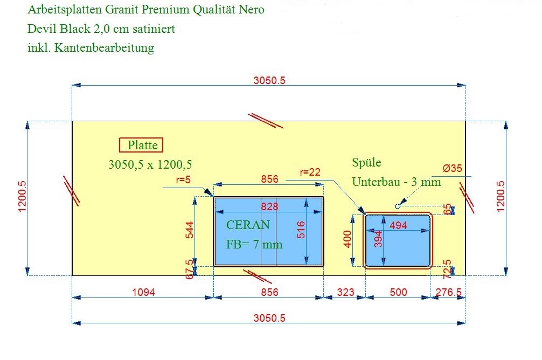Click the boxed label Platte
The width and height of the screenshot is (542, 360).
(141, 145)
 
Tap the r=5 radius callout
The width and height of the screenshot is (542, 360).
(183, 179)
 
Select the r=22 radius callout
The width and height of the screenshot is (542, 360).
(310, 172)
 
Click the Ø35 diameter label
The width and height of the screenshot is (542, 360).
(452, 169)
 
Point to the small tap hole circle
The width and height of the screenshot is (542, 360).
(398, 206)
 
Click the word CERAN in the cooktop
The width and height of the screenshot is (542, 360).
(248, 225)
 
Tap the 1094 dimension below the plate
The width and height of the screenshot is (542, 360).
(143, 292)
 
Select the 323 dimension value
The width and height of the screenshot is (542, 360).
(346, 292)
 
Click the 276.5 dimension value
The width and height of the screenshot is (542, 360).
(448, 292)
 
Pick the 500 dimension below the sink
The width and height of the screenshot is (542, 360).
(398, 292)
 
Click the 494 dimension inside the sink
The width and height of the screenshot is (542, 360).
(398, 225)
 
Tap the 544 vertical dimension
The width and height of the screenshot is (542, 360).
(190, 230)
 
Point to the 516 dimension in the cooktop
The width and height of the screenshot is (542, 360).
(301, 230)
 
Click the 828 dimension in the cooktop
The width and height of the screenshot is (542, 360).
(269, 206)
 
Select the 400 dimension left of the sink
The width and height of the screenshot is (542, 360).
(348, 239)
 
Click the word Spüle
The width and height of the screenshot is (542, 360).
(367, 163)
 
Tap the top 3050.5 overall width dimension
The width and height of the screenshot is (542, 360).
(269, 80)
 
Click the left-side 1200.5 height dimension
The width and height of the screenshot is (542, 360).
(22, 196)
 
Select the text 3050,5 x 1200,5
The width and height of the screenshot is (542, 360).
(150, 164)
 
